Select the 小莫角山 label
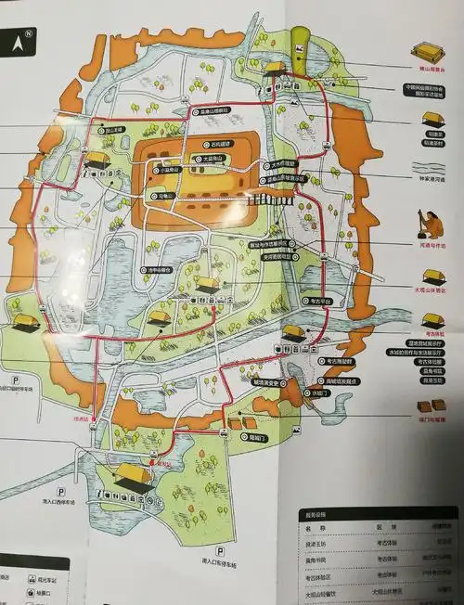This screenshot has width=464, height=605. click(x=169, y=170)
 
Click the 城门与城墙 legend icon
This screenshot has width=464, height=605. click(x=429, y=405)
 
